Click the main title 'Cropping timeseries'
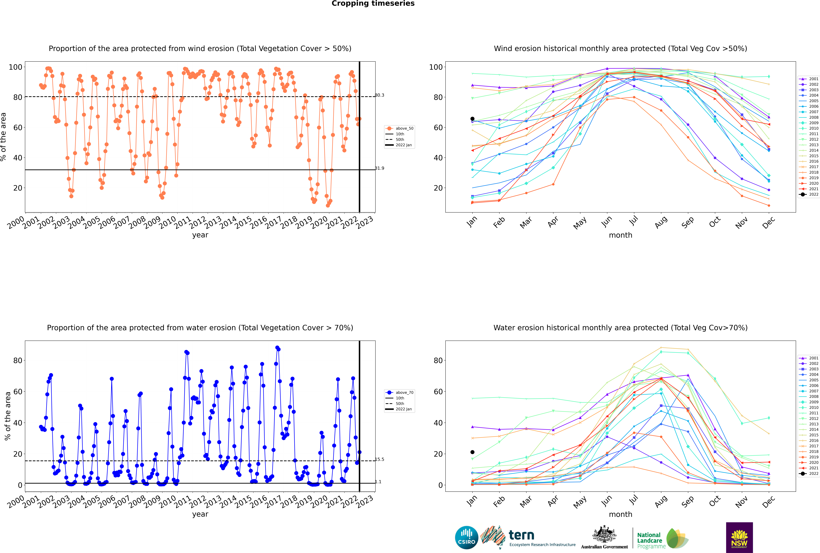(373, 4)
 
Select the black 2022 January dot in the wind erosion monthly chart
(472, 119)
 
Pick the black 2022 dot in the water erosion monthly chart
(472, 452)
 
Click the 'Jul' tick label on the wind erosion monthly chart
(633, 221)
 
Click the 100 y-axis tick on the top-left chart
(15, 67)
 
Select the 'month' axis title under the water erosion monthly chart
(620, 514)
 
